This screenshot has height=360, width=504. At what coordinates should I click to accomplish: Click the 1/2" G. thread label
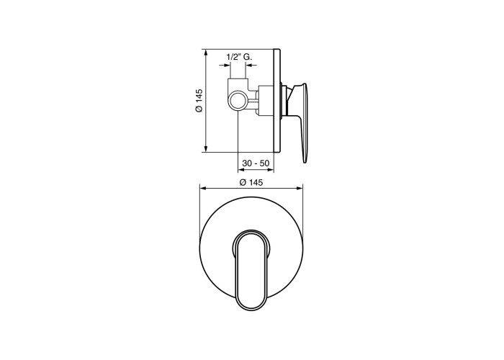240,57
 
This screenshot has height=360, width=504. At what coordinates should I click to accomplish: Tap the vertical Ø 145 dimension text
199,101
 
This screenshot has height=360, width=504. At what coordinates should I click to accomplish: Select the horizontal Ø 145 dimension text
251,183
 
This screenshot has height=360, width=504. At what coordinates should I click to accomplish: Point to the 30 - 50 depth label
256,163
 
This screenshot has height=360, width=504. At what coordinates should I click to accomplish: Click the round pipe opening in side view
238,100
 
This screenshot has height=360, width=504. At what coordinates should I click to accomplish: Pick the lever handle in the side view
299,122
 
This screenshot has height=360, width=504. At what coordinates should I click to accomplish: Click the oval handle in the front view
251,271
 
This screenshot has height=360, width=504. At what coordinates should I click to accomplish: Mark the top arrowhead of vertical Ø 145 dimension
206,53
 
